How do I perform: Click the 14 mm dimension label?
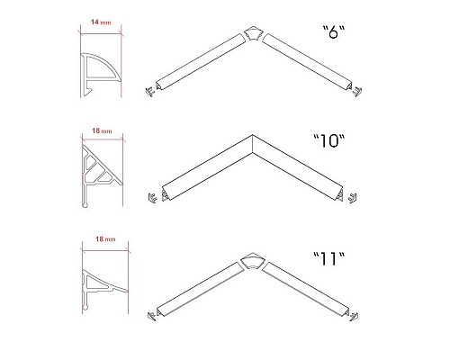click(101, 22)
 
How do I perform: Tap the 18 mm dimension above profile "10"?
click(102, 130)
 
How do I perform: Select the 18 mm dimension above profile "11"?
click(105, 239)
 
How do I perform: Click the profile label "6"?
click(334, 32)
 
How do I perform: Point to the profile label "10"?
click(329, 140)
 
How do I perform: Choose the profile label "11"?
click(329, 259)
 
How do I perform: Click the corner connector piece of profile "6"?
click(253, 34)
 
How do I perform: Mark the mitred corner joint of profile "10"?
click(253, 145)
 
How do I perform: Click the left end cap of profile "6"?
click(149, 91)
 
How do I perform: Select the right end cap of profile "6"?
click(357, 92)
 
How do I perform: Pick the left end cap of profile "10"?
click(153, 198)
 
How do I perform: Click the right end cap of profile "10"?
click(352, 198)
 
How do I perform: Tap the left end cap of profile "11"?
click(151, 316)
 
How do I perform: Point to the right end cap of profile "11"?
click(354, 317)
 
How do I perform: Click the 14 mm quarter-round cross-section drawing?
click(101, 75)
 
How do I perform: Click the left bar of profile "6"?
click(201, 61)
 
